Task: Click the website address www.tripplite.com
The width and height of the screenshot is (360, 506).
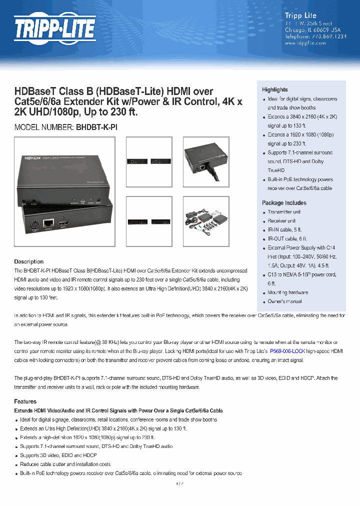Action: (305, 43)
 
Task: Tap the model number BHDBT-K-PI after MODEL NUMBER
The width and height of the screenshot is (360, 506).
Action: (96, 127)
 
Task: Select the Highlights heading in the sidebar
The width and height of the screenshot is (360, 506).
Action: (275, 89)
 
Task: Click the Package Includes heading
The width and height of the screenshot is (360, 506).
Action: (284, 203)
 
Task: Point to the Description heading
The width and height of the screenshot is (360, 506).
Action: (28, 261)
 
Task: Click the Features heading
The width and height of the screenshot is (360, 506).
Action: (25, 401)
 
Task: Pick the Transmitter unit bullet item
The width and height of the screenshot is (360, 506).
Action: (284, 212)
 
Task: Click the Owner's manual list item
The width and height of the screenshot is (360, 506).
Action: (284, 301)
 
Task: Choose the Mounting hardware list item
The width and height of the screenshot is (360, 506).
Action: (287, 292)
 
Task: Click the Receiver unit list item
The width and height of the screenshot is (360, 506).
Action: (281, 221)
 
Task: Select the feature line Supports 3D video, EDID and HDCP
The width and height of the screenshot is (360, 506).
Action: (58, 455)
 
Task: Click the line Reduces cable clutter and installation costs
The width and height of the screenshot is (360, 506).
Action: (65, 464)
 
